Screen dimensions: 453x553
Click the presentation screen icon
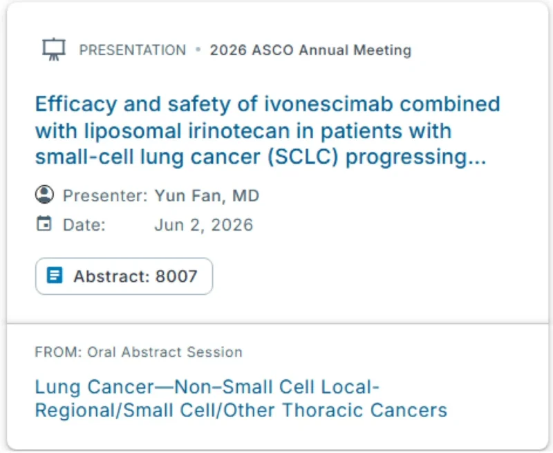[53, 50]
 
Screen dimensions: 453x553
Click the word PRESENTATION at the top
[132, 50]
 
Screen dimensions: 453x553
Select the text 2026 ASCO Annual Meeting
[310, 50]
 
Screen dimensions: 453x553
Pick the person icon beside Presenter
[44, 195]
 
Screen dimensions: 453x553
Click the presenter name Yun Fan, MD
[207, 196]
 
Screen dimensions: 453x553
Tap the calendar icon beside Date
[44, 224]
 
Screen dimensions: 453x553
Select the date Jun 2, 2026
[203, 225]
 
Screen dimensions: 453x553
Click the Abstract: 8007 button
[124, 276]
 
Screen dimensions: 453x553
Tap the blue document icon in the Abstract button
[55, 276]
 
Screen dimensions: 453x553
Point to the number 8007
[176, 277]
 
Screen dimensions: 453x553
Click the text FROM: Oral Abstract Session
[138, 352]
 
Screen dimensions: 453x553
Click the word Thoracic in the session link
[326, 409]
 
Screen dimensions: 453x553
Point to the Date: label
[84, 225]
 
